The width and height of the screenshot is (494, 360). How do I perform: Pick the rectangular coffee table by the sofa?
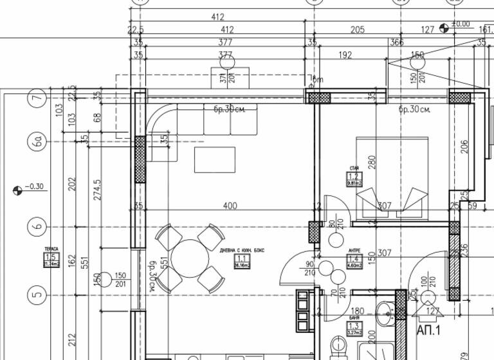(214, 160)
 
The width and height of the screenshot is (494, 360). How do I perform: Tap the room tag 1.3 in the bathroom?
(353, 329)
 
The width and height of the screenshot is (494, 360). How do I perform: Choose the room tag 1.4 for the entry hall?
(353, 259)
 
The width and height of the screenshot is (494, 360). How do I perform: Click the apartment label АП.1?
(429, 330)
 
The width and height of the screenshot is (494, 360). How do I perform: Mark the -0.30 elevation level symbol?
(17, 190)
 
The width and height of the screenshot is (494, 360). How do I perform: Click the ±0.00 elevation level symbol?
(444, 28)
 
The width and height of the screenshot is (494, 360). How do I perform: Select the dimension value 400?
(229, 206)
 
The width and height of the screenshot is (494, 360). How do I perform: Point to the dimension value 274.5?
(98, 190)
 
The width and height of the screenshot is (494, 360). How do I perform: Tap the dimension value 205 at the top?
(357, 30)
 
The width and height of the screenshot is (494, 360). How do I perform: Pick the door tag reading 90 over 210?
(310, 269)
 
